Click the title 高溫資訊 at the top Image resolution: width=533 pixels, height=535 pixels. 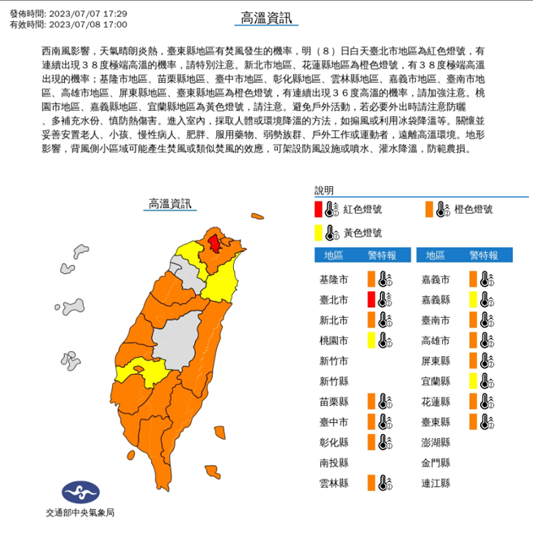click(266, 17)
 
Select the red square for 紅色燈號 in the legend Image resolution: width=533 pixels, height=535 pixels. click(318, 210)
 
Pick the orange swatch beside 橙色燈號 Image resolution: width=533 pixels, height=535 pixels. click(428, 210)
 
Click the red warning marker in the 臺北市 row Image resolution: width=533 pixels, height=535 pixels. click(370, 299)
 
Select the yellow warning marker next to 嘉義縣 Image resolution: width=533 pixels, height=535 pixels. click(472, 299)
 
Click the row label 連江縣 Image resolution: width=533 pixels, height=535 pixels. click(437, 483)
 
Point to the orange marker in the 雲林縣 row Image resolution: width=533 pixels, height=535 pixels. click(370, 483)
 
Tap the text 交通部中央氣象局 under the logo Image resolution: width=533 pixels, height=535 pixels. click(79, 515)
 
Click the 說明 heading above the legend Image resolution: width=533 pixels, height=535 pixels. click(325, 191)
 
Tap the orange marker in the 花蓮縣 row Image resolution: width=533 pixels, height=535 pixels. click(472, 401)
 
